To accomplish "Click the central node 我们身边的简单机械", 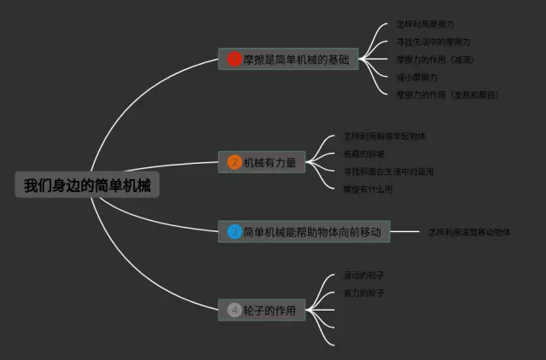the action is click(x=87, y=185).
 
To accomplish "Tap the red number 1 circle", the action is click(x=235, y=60).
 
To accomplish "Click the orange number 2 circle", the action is click(x=235, y=162).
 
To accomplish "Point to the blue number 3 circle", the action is click(x=235, y=231).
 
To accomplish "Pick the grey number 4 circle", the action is click(x=235, y=311).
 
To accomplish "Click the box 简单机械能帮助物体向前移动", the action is click(x=311, y=231).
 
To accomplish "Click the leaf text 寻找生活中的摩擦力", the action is click(x=433, y=42).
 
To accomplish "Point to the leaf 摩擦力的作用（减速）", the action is click(x=435, y=60).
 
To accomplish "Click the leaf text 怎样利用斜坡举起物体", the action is click(x=385, y=136).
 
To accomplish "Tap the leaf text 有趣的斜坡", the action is click(x=364, y=154).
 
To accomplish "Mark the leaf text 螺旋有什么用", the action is click(x=368, y=189).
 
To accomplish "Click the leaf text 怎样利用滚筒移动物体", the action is click(x=468, y=231).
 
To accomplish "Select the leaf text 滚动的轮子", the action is click(x=364, y=276).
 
